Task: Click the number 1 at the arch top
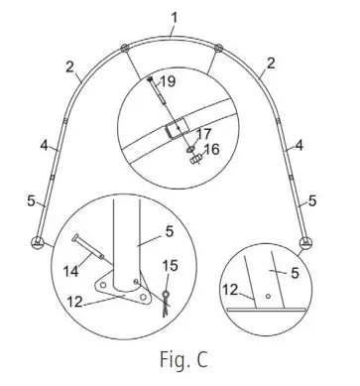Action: point(174,17)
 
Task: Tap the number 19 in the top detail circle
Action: point(169,82)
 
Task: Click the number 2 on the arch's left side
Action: point(71,67)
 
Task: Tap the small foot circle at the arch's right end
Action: point(305,241)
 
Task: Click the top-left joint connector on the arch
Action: point(123,50)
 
